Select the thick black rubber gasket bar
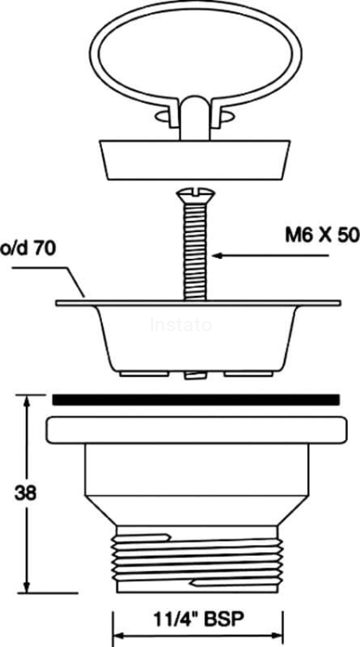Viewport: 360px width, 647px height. [x=196, y=400]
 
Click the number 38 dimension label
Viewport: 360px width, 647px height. [x=26, y=494]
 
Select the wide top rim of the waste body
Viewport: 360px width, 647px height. [x=196, y=430]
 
